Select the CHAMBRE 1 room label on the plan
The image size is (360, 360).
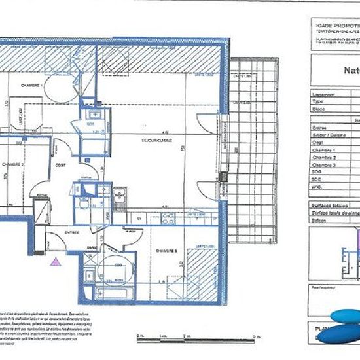tap(31, 86)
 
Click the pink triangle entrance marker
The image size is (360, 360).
tap(55, 261)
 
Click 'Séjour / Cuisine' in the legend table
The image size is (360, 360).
tap(327, 135)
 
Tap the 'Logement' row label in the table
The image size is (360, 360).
tap(324, 95)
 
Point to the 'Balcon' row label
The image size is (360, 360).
tap(320, 221)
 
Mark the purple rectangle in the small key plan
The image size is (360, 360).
tap(357, 241)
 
